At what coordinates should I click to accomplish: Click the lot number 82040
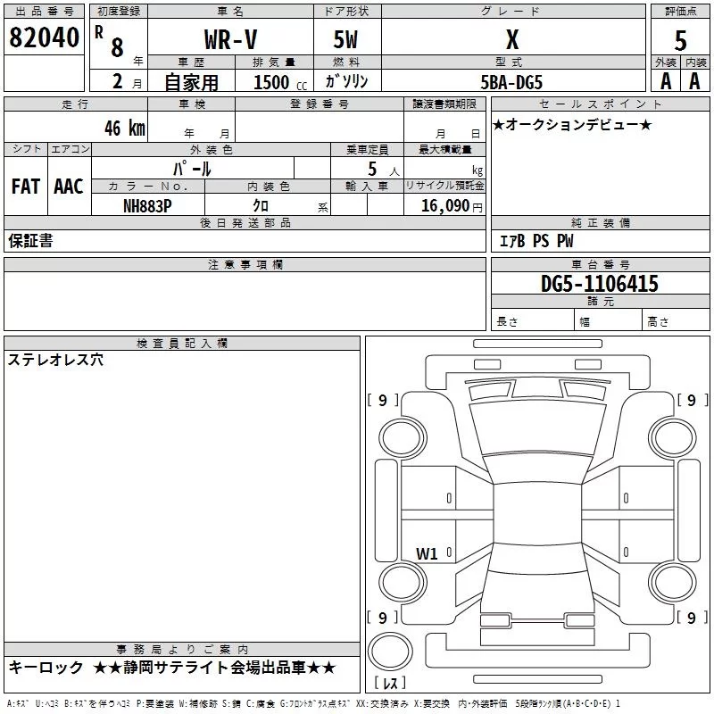(44, 38)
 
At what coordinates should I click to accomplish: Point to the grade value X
(511, 39)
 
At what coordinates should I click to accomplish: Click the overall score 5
(681, 41)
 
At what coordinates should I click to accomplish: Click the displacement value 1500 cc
(278, 82)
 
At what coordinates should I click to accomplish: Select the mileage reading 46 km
(124, 127)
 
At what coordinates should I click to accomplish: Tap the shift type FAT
(25, 186)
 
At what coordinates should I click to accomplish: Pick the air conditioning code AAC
(69, 186)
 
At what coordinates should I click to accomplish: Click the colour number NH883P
(147, 205)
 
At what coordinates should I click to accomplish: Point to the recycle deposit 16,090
(444, 205)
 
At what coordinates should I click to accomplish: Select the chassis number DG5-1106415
(600, 284)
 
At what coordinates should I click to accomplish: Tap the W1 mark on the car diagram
(427, 553)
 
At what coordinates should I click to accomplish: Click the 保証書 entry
(30, 240)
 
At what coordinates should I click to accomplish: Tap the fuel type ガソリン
(346, 81)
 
